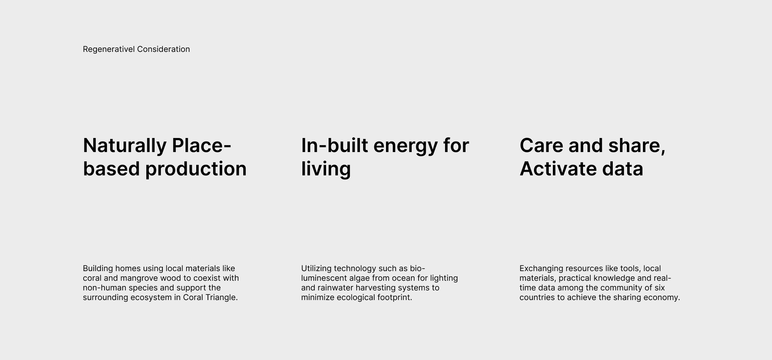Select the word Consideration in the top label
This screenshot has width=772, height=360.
tap(164, 49)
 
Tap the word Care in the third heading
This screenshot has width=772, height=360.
tap(541, 146)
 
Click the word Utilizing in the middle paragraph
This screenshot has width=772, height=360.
tap(316, 269)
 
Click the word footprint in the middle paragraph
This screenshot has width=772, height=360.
tap(394, 298)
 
